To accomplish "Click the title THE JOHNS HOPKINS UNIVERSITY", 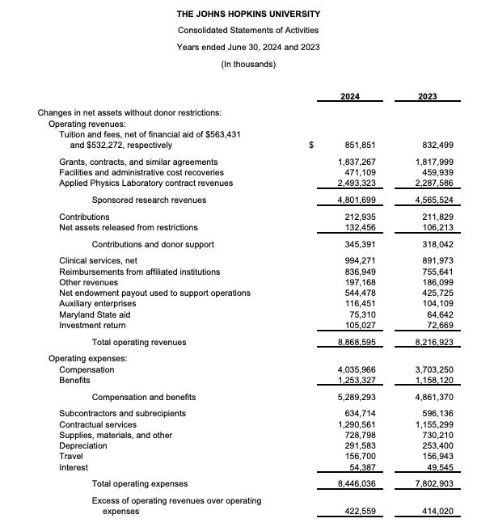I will [248, 14].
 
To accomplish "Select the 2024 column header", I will [352, 99].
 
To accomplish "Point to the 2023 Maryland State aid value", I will [437, 314].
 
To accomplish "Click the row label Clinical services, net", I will [99, 261].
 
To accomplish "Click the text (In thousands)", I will [248, 64].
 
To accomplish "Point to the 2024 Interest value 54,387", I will [358, 467].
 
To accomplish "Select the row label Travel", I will [71, 456].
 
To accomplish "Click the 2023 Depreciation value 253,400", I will [441, 445].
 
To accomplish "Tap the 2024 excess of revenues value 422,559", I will [356, 512].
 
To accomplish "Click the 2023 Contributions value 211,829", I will [441, 217].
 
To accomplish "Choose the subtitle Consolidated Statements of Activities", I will [248, 31].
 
